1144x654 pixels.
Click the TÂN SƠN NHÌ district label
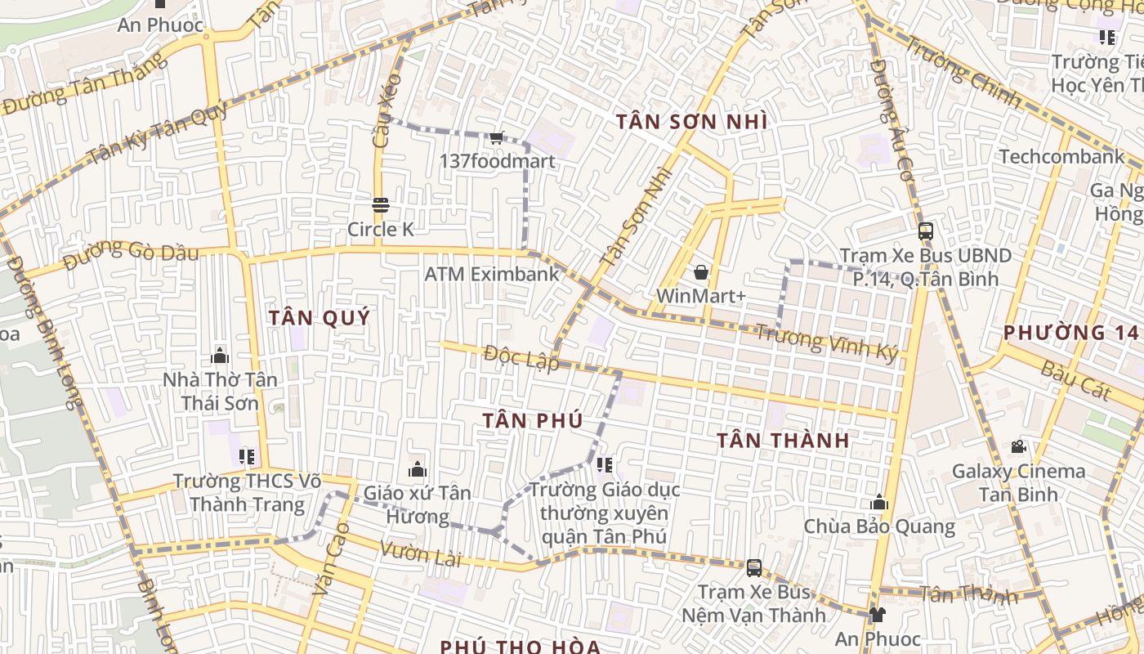(x=691, y=122)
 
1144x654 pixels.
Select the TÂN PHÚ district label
(x=532, y=420)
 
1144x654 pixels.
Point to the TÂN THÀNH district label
(x=783, y=440)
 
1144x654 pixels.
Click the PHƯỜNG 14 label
(x=1070, y=332)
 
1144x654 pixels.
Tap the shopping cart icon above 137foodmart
(x=496, y=138)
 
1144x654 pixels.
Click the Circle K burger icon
(x=380, y=205)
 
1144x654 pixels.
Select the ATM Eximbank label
(x=492, y=274)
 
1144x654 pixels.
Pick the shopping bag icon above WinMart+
(x=700, y=272)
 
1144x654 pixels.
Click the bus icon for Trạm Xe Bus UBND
(x=925, y=231)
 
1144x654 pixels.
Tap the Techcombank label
(x=1061, y=156)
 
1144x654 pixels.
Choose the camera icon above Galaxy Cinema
(x=1018, y=447)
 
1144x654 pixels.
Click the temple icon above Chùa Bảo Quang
(x=879, y=502)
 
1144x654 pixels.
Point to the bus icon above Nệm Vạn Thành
(x=753, y=567)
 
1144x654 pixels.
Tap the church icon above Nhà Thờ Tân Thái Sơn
(x=220, y=356)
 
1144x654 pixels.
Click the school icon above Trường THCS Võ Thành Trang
(x=246, y=456)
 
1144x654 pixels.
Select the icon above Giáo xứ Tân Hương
(x=418, y=469)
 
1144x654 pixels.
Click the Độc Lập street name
(x=521, y=357)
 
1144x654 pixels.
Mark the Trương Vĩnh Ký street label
(x=825, y=343)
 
